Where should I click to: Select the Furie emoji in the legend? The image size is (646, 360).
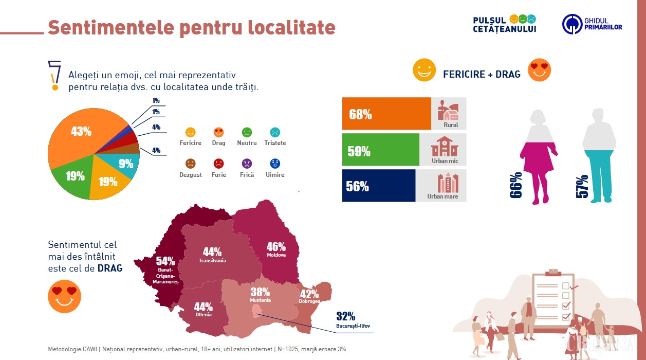[219, 164]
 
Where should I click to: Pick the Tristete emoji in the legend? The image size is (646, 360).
[275, 132]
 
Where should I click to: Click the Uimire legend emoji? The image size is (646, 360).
[275, 164]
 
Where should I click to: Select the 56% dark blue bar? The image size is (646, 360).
[378, 186]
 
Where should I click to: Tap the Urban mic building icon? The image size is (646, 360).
[445, 147]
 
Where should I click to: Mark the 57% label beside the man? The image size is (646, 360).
[582, 187]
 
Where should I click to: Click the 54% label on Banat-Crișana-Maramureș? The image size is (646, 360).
[165, 261]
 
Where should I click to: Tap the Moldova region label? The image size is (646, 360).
[276, 255]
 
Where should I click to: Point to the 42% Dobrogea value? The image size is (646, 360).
[309, 294]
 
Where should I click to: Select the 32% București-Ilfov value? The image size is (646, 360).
[346, 316]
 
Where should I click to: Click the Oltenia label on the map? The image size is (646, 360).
[203, 315]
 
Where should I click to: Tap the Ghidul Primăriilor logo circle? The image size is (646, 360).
[572, 24]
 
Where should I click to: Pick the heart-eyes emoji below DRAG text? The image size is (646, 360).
[65, 296]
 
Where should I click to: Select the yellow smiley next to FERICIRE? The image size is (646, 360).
[424, 70]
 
